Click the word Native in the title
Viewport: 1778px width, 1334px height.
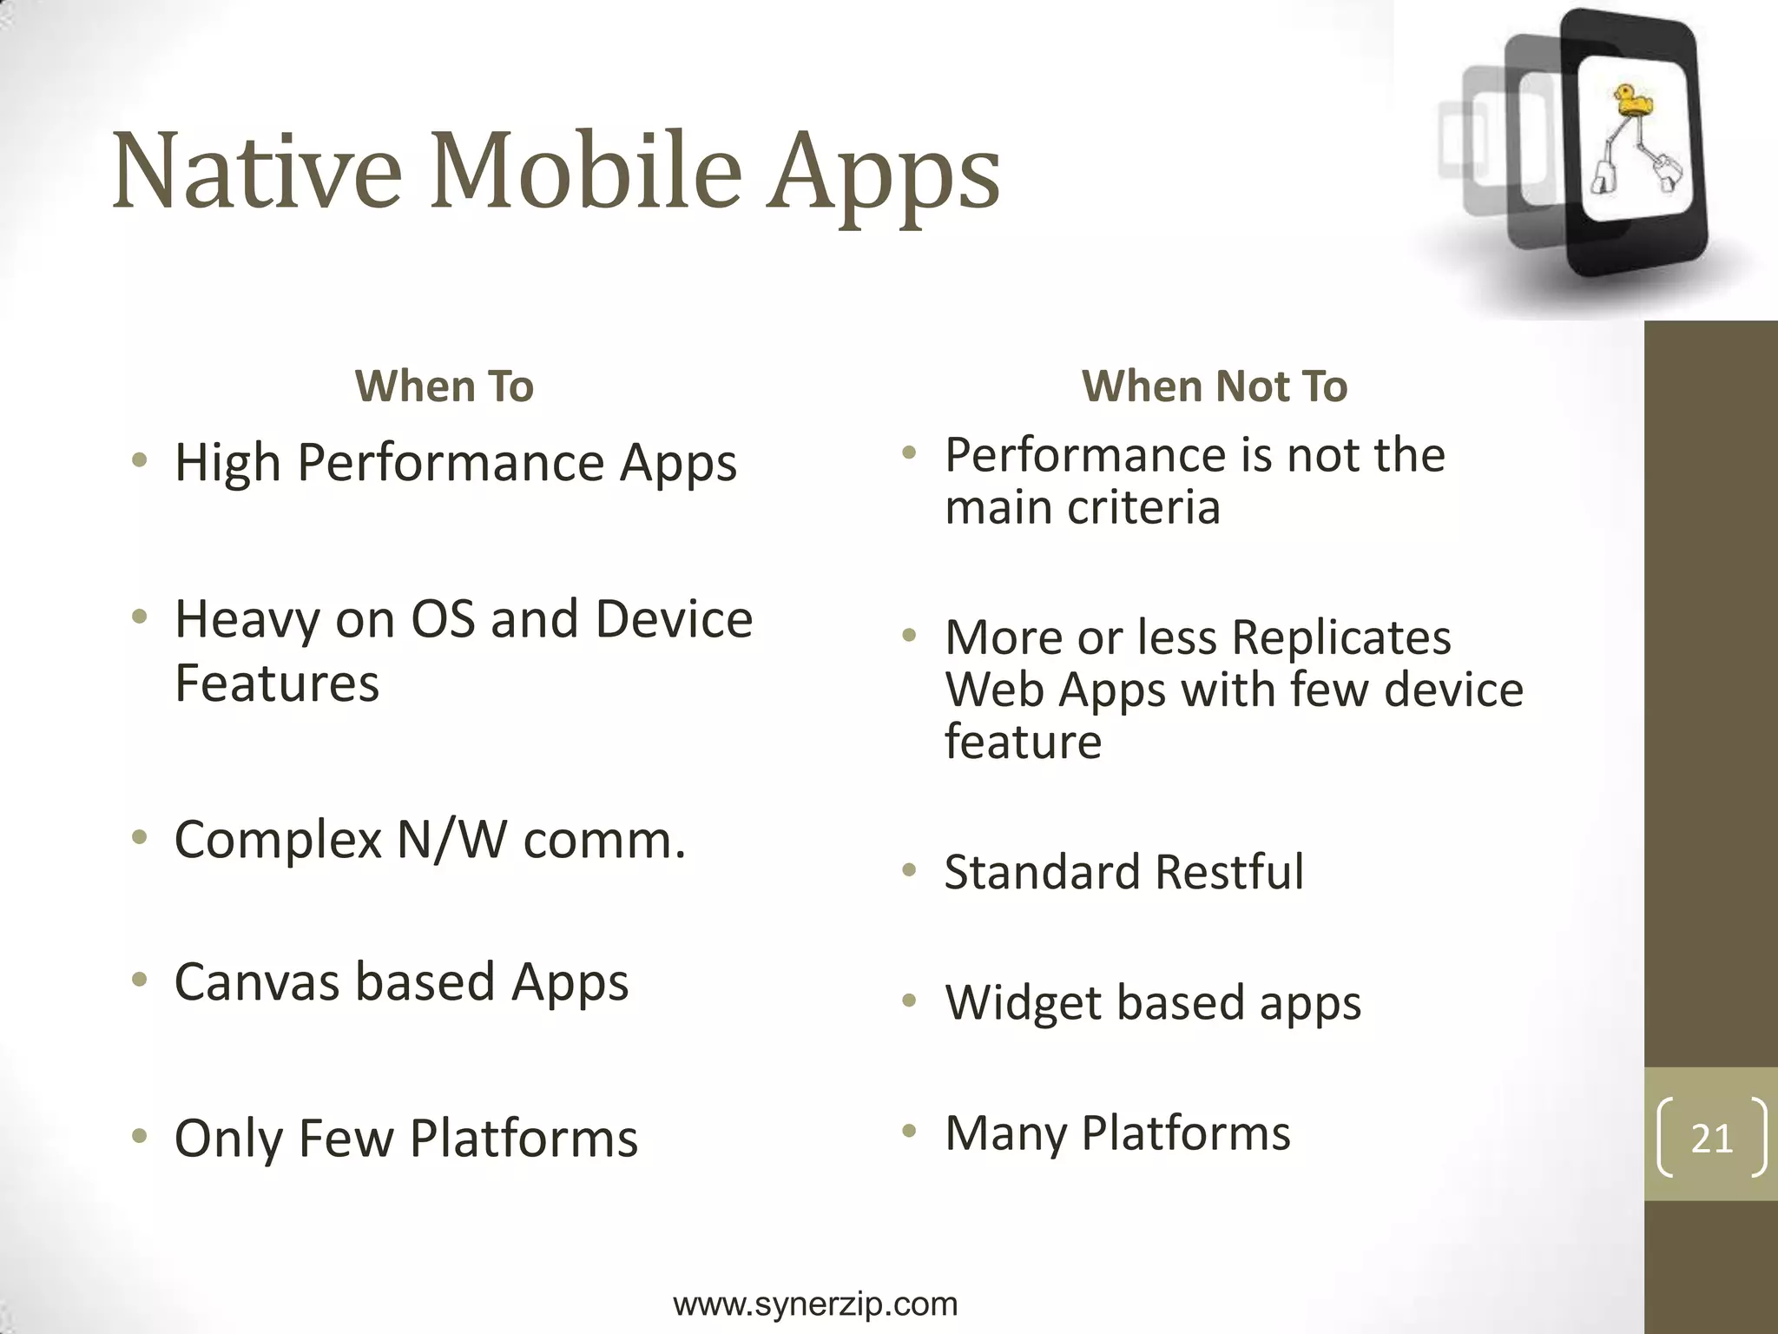pos(257,171)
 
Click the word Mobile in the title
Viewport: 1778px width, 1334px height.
pos(586,171)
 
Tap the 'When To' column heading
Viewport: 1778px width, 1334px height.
pos(444,386)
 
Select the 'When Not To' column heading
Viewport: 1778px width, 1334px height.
pos(1214,386)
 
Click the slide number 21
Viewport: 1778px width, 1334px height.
pos(1711,1138)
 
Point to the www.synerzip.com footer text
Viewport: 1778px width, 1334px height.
pos(815,1304)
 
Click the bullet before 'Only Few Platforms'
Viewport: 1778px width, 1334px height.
pos(139,1136)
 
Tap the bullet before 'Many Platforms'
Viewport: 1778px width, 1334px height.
pos(909,1131)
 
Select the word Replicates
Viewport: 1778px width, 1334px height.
pos(1340,638)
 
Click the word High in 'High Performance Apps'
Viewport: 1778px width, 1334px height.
pos(227,463)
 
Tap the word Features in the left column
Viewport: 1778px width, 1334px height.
pos(277,683)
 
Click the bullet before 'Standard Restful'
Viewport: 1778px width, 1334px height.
pos(909,870)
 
